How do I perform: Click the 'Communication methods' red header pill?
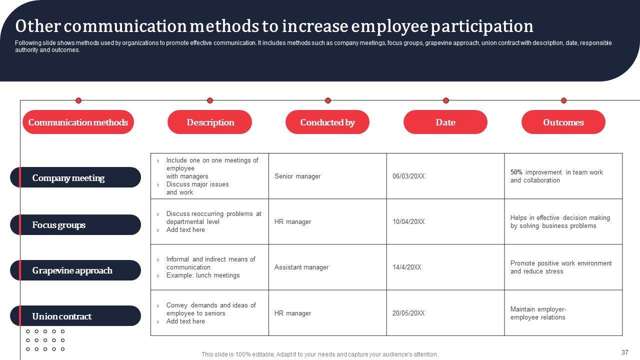click(x=78, y=122)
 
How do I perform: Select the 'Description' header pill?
click(x=210, y=122)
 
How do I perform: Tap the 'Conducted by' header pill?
click(x=327, y=122)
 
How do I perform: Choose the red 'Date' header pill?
click(x=445, y=122)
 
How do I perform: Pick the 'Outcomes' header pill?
click(x=563, y=122)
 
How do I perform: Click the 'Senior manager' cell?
click(x=297, y=176)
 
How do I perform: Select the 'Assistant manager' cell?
click(x=301, y=267)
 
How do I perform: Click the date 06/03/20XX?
click(x=408, y=176)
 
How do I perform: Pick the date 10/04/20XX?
click(x=408, y=222)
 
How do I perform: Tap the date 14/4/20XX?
click(x=407, y=267)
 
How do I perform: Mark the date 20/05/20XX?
click(x=408, y=313)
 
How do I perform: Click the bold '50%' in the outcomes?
click(x=516, y=172)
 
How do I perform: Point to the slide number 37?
click(x=624, y=352)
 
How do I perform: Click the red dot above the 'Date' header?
click(x=446, y=100)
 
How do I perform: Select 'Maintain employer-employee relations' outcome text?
click(x=538, y=313)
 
